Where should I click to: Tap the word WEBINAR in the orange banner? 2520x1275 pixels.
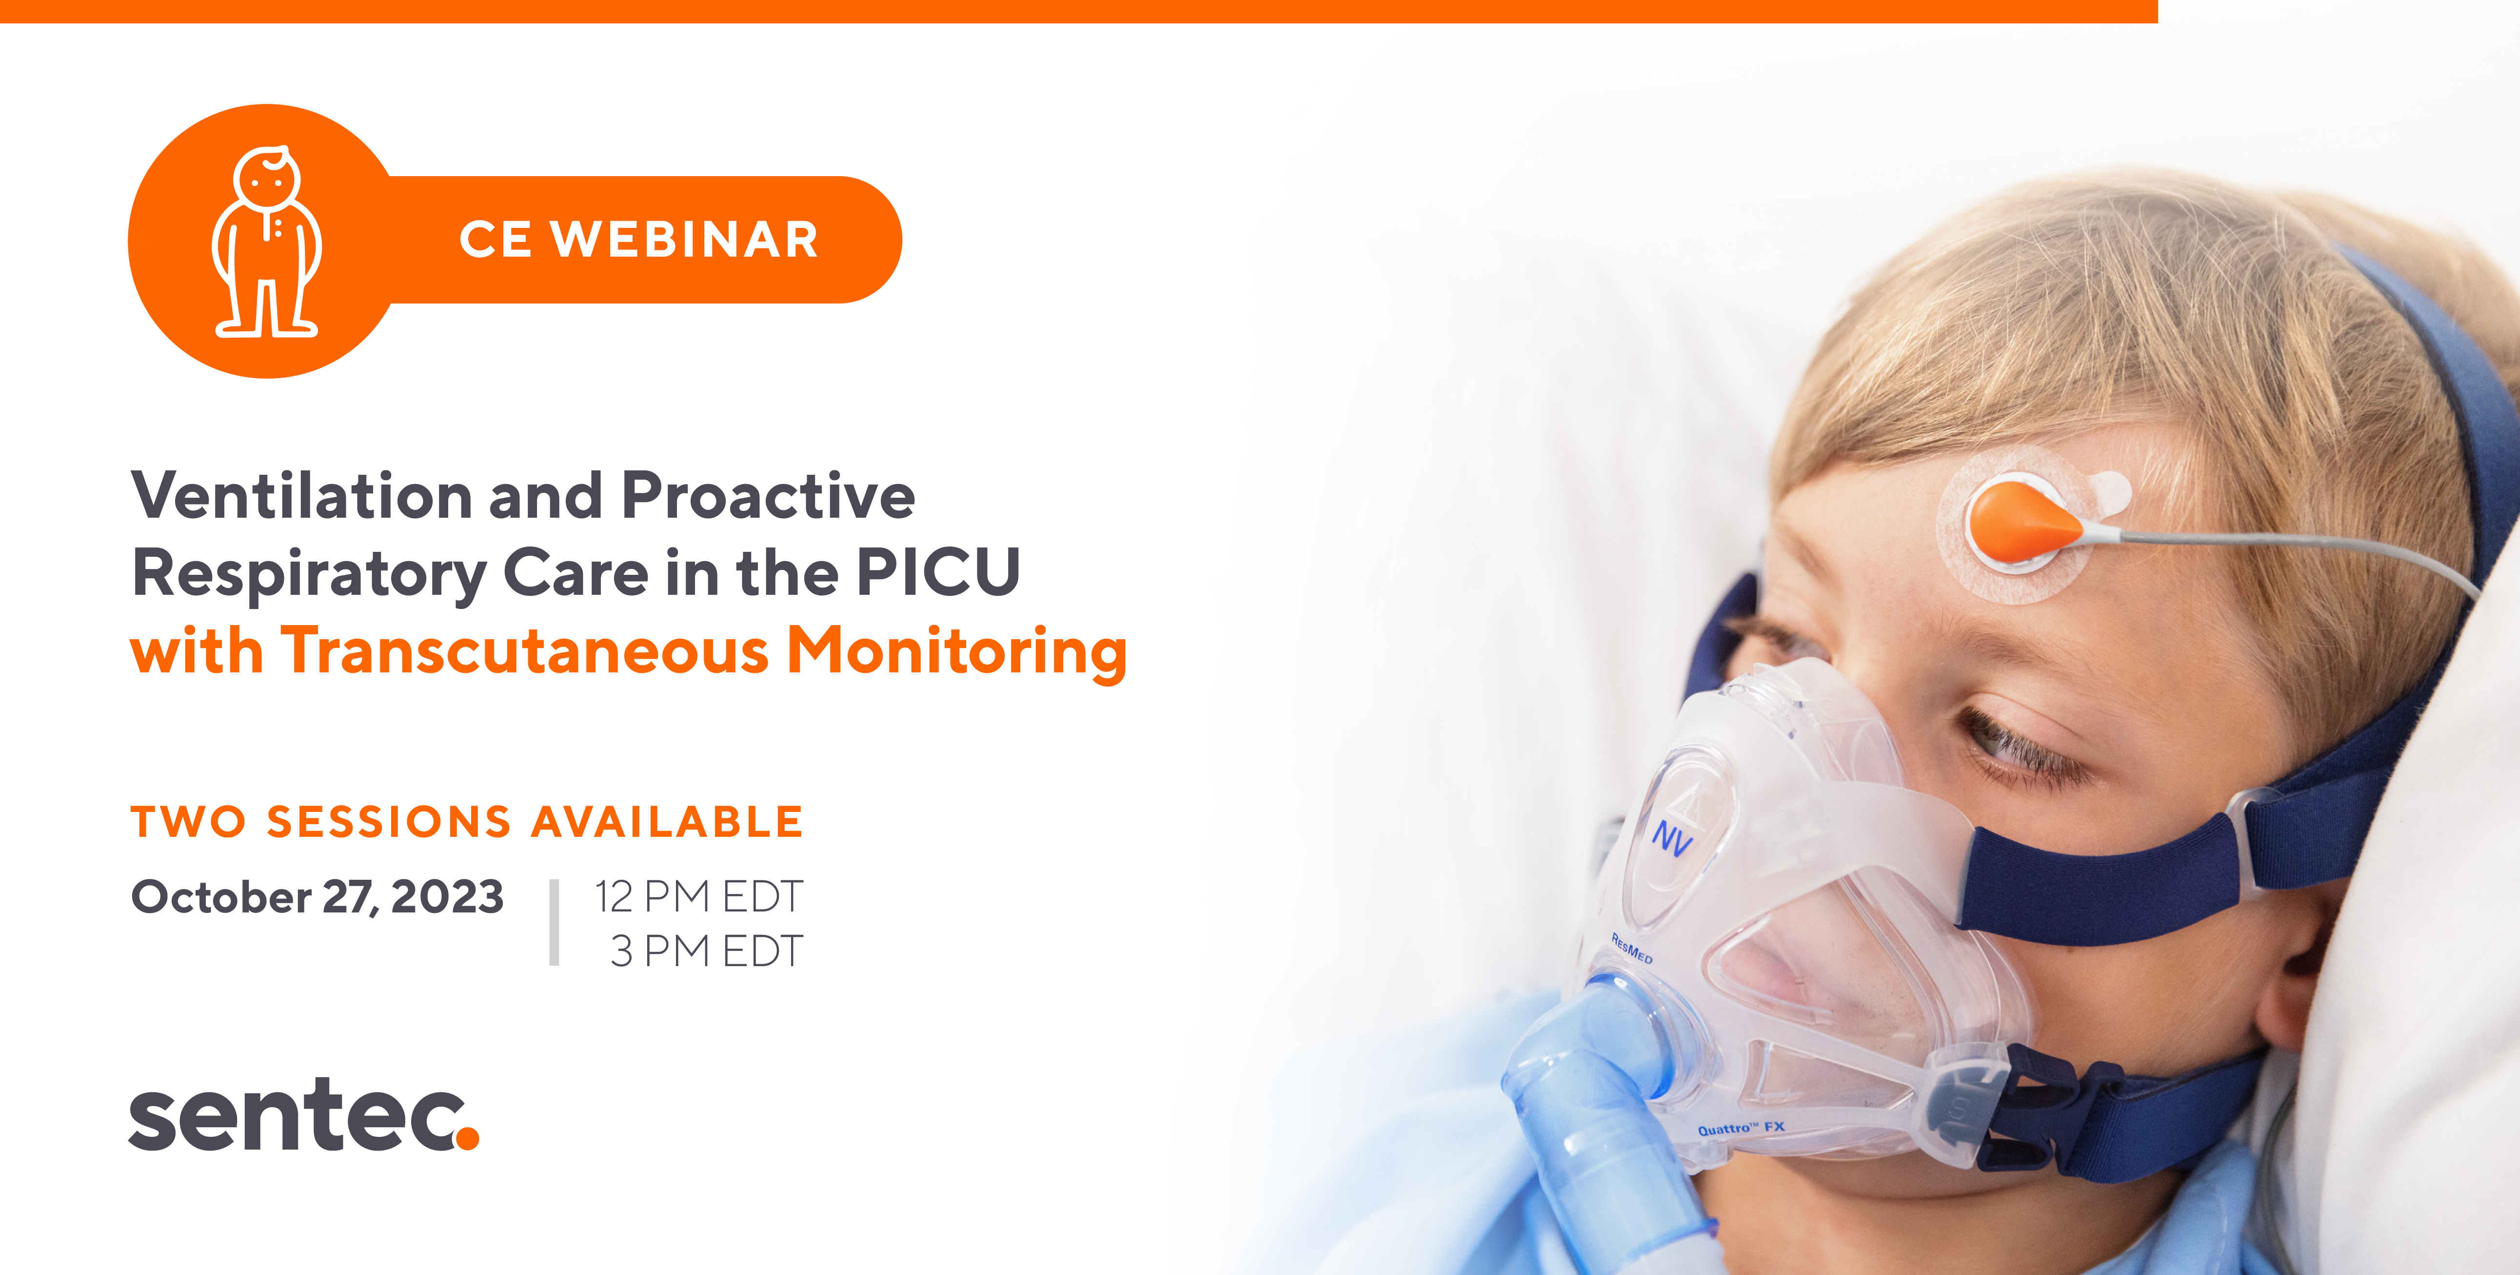coord(685,240)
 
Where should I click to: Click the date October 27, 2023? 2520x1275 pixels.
coord(318,896)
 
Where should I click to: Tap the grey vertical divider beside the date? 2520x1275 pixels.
coord(555,923)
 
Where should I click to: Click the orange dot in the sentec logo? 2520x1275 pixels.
coord(468,1137)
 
